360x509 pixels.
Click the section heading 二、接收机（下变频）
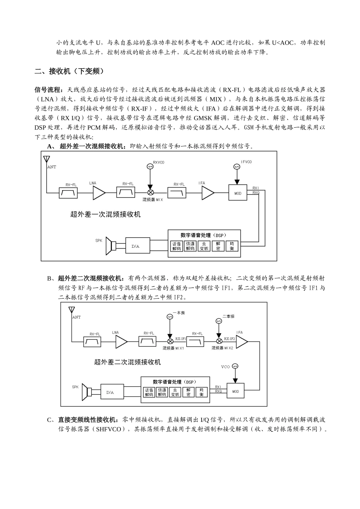pos(69,71)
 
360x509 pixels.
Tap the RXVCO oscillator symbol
pos(150,167)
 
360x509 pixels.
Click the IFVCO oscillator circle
pos(237,167)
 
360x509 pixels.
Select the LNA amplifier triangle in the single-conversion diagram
pos(99,193)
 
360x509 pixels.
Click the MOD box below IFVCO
pos(238,193)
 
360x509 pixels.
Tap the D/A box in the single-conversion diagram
pos(135,246)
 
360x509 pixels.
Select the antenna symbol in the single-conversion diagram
pos(47,159)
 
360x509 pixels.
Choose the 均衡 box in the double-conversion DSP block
pos(202,392)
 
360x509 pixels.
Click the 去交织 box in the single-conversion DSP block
pos(204,246)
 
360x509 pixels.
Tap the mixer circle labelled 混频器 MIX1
pos(171,341)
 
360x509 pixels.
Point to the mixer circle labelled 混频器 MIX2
pos(219,341)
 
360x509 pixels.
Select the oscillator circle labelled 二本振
pos(218,321)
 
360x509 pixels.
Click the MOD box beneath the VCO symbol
pos(236,391)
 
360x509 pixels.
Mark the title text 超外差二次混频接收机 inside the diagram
pos(127,362)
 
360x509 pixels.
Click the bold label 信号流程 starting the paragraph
pos(47,90)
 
